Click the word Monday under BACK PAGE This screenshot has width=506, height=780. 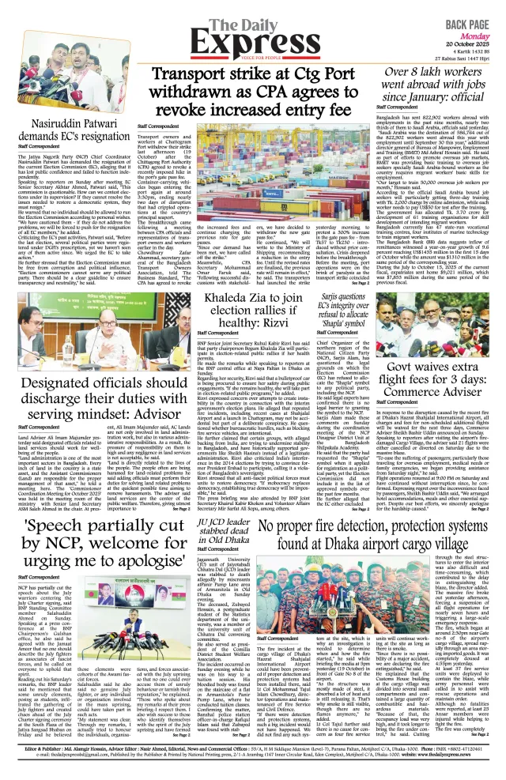479,24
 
